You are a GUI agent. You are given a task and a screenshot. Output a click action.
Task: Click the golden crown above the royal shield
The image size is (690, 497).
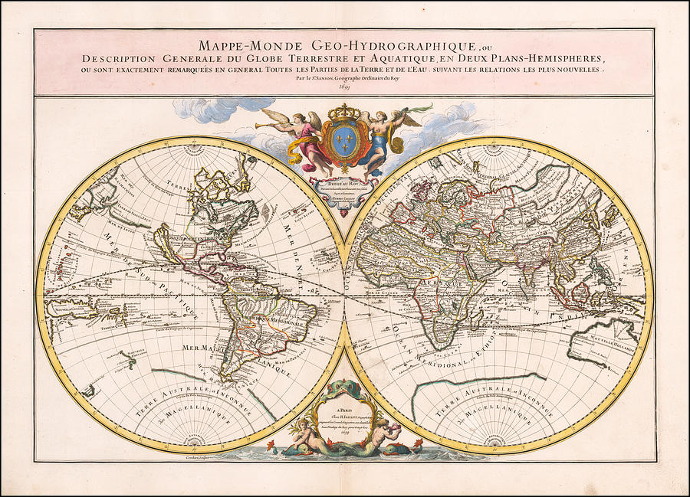pyautogui.click(x=343, y=113)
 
